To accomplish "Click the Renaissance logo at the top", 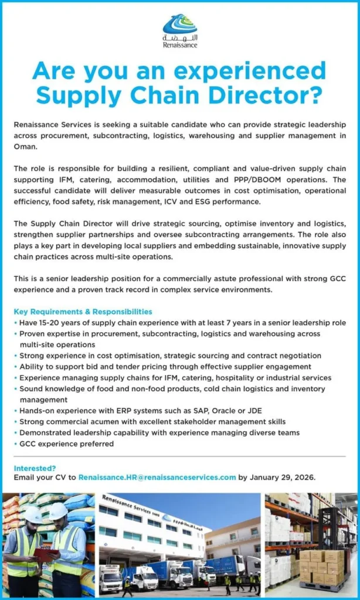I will [x=180, y=31].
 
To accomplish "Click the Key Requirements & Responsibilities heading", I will [x=83, y=312].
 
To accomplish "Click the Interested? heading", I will [x=35, y=468].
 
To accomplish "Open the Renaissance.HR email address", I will [x=157, y=478].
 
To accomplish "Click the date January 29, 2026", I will [x=283, y=478].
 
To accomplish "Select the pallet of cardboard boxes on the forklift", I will [x=320, y=566].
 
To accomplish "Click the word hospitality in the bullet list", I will [x=227, y=378].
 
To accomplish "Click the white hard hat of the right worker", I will [x=58, y=511].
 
